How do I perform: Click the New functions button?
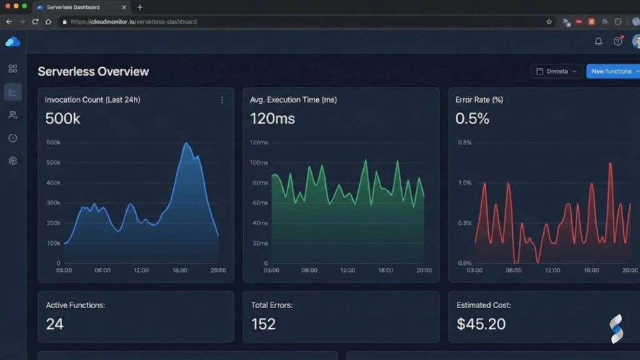611,71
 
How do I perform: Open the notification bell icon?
598,41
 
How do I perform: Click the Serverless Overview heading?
93,71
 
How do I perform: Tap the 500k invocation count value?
62,118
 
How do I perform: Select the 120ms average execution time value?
272,118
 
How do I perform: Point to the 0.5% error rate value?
472,118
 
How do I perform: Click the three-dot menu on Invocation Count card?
222,100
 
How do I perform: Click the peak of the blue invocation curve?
186,144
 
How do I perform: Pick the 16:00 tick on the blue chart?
179,271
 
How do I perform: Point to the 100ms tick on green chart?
259,162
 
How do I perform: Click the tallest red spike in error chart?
610,164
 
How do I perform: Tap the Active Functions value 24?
54,324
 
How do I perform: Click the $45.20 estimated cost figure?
481,324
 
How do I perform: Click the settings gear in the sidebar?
12,161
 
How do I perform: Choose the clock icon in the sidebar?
12,138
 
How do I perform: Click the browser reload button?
35,21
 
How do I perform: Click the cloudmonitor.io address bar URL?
134,21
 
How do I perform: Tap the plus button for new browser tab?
139,7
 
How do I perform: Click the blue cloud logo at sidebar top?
12,42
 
